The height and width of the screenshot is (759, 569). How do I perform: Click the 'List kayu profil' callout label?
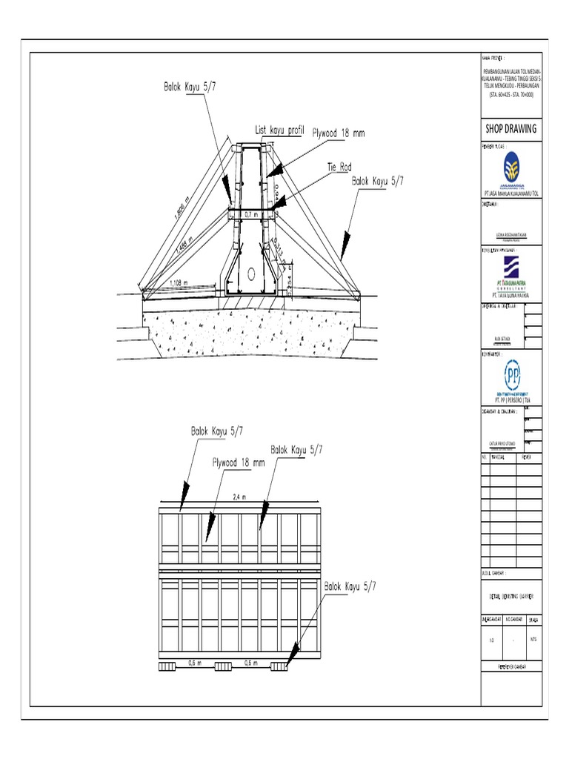(x=279, y=130)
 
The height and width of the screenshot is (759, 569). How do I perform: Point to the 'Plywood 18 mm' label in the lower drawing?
(x=239, y=463)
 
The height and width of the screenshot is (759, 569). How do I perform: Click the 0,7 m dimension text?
(x=252, y=214)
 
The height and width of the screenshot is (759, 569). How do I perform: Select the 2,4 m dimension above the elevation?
(x=239, y=497)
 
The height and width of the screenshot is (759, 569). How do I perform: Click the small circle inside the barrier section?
(x=251, y=273)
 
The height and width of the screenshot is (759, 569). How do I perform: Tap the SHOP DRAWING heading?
(x=510, y=128)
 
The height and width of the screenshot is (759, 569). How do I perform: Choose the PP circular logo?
(x=512, y=373)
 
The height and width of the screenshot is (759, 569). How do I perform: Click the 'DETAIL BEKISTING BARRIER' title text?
(x=511, y=596)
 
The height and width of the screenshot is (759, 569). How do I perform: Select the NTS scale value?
(x=533, y=639)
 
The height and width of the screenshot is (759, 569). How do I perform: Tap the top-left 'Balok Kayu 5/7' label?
(x=190, y=86)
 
